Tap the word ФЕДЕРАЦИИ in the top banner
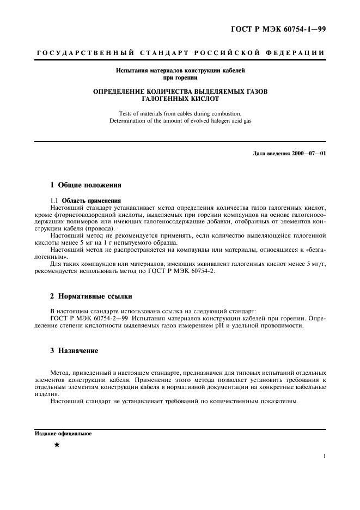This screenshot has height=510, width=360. click(x=296, y=53)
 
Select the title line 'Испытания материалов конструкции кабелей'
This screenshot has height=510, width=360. click(x=180, y=71)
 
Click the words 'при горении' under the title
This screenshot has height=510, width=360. click(x=180, y=78)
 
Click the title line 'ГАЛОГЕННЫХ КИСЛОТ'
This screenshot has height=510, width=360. click(x=180, y=99)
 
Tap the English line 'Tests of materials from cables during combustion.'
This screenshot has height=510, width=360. click(x=180, y=113)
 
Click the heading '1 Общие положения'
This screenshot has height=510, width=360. click(x=86, y=185)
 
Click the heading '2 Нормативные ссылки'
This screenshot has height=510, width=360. click(x=91, y=297)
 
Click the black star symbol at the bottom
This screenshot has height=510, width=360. click(x=57, y=445)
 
